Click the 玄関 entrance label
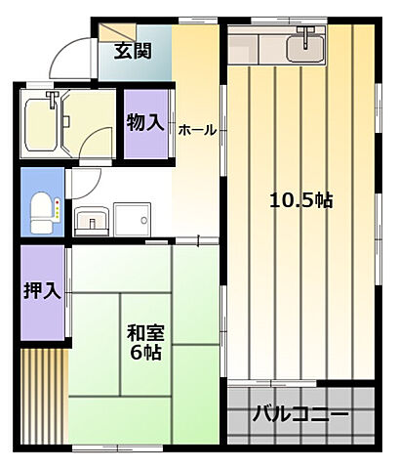point(131,51)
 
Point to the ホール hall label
point(197,129)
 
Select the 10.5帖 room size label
point(300,200)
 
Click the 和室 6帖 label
point(142,340)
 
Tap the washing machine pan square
point(130,218)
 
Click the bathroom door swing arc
point(96,147)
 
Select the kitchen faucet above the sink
point(308,34)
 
